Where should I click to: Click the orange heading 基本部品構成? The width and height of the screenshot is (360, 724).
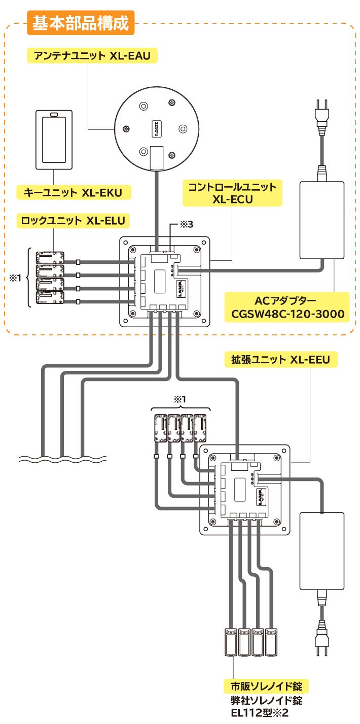coord(81,23)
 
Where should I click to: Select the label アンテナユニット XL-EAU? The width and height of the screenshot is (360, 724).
coord(92,56)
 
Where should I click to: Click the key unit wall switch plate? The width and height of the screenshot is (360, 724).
coord(54,140)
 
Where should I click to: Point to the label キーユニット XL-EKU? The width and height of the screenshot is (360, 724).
coord(74,193)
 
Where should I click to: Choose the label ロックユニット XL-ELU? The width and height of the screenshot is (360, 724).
coord(74,221)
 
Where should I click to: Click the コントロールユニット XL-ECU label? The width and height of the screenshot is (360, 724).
coord(232,193)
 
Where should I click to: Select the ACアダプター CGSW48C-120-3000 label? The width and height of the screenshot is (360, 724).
coord(287,307)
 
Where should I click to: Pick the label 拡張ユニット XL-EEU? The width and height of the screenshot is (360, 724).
coord(280,360)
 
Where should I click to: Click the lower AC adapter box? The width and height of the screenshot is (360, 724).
coord(322,550)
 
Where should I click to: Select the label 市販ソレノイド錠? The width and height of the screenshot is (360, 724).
coord(266,686)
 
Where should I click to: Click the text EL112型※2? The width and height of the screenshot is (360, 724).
coord(259,713)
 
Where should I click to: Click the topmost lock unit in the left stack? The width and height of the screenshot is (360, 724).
coord(50,257)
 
